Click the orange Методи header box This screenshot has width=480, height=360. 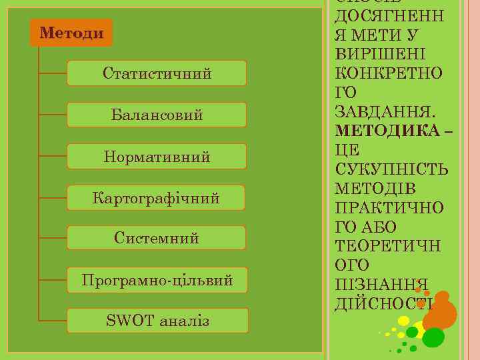click(71, 33)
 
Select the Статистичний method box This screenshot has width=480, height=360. click(157, 73)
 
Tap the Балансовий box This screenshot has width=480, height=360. click(157, 115)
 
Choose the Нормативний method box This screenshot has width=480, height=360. click(157, 157)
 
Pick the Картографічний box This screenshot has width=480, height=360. click(157, 198)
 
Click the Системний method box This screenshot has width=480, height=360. click(157, 238)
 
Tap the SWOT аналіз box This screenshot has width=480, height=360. click(157, 321)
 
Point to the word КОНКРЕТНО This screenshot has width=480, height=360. click(391, 71)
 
